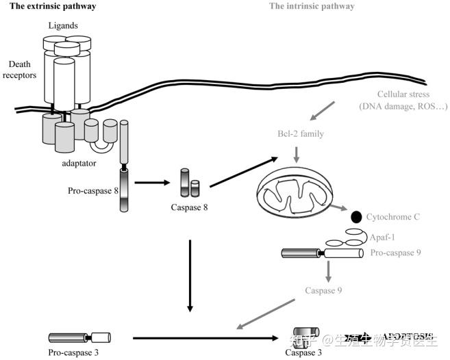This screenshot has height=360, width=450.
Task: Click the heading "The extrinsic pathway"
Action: (x=52, y=6)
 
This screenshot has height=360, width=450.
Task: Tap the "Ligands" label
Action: (x=63, y=26)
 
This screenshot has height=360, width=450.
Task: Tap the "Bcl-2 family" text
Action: (x=300, y=134)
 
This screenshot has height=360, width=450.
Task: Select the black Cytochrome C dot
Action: (x=356, y=217)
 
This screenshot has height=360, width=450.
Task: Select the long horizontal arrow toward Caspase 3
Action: (x=205, y=337)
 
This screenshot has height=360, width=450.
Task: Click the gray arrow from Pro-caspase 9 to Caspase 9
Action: (x=329, y=272)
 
